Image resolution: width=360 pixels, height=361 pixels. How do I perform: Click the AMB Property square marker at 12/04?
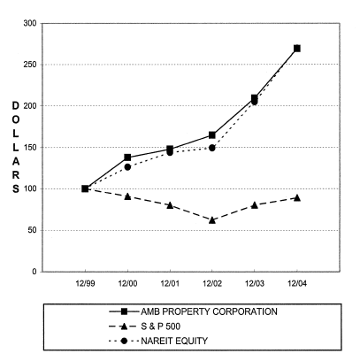click(x=297, y=48)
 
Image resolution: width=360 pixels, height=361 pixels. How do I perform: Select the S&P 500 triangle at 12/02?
click(x=212, y=219)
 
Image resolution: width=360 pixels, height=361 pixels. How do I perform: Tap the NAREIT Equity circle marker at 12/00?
click(x=127, y=166)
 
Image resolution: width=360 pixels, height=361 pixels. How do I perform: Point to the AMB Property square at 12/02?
click(x=212, y=134)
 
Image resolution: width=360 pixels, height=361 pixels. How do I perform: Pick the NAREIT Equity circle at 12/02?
click(x=212, y=148)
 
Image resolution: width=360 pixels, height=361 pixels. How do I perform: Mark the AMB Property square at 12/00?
click(x=127, y=157)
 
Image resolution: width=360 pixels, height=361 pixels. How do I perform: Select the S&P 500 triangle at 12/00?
click(x=127, y=196)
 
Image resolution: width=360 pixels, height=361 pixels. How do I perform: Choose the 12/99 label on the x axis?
click(x=85, y=285)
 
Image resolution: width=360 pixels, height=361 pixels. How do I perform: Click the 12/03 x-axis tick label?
click(x=255, y=285)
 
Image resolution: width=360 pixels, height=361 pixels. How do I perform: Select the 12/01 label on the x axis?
click(x=170, y=285)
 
